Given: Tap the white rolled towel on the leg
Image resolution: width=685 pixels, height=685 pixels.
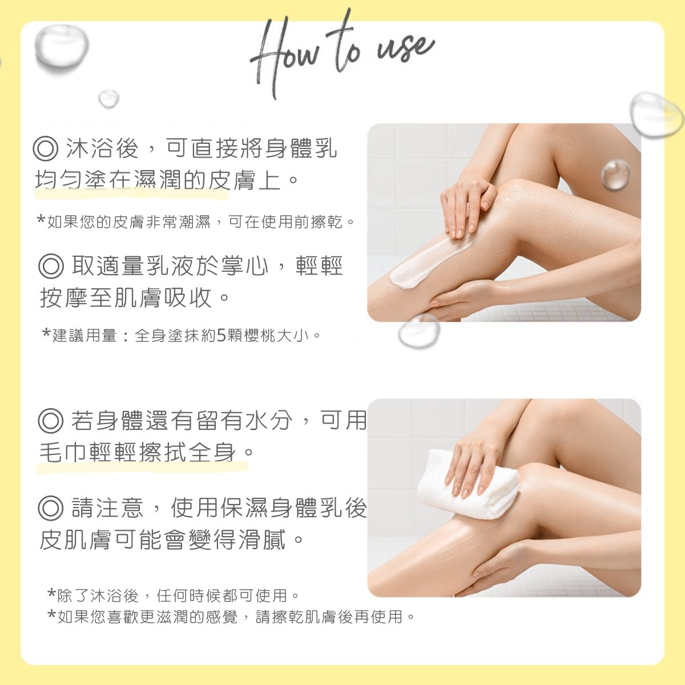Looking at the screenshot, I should pos(468,485).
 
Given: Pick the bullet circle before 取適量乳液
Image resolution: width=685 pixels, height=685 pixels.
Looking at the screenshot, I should pos(50,266).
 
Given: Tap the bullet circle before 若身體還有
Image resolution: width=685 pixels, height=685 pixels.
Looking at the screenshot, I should pos(50,421).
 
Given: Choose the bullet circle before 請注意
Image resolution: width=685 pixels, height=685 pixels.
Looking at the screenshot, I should pos(50,508).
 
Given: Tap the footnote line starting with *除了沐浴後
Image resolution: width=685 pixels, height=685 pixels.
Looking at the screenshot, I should pos(174,596).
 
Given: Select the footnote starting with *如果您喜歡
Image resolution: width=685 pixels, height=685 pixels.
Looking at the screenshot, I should pos(231,617).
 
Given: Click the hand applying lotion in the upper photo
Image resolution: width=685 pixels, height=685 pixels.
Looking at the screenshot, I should pos(465,205).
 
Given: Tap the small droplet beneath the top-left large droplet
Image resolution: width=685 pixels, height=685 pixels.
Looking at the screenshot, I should pos(108,98).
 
